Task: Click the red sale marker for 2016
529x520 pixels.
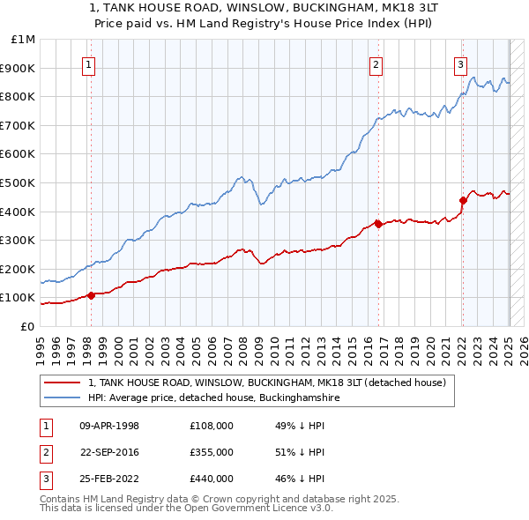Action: (378, 224)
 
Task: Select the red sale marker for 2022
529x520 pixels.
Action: (463, 200)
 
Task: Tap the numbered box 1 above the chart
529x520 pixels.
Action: (90, 63)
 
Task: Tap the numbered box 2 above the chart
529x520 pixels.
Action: (376, 63)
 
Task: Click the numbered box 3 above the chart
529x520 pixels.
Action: (461, 63)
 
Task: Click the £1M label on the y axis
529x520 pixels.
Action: (25, 40)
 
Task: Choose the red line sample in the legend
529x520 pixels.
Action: (63, 383)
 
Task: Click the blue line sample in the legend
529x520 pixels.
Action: (63, 397)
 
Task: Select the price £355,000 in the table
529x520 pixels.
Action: (211, 452)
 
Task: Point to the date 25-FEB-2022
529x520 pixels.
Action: (109, 479)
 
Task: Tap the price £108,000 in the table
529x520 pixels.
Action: (211, 426)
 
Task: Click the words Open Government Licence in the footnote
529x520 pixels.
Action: (261, 509)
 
